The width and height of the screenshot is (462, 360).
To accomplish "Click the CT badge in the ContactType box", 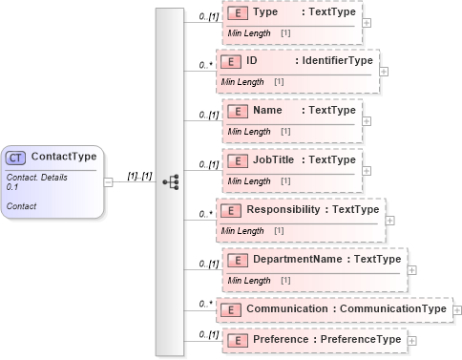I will [x=16, y=157].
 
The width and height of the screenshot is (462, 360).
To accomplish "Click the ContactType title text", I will [x=63, y=157].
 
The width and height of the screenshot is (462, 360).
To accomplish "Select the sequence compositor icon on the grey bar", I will [x=170, y=180].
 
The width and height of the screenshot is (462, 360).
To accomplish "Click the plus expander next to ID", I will [x=384, y=71].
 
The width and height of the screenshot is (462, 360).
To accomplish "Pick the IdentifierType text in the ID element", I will [x=336, y=61].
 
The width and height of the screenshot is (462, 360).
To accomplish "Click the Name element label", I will [x=266, y=111].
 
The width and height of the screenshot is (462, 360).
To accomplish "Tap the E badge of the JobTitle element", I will [x=236, y=160].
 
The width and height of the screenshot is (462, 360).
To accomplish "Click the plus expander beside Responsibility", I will [x=389, y=219].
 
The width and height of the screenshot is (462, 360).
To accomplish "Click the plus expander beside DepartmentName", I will [x=411, y=268].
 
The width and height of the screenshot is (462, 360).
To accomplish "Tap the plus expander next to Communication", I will [x=456, y=310].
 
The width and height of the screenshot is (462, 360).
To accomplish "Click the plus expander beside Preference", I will [x=411, y=340].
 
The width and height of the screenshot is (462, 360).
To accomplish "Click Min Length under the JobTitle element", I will [x=247, y=181].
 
